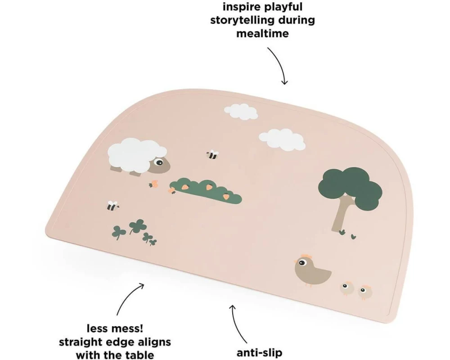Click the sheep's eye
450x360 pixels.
158,163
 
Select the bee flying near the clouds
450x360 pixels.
213,155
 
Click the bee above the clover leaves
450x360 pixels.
112,206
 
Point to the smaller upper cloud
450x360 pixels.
241,112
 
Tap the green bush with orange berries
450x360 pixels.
206,191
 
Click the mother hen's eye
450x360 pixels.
301,262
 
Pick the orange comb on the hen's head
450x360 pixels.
306,256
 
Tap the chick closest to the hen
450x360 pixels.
347,288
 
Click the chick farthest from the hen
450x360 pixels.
365,292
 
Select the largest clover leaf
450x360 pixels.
136,225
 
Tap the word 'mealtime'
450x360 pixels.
263,33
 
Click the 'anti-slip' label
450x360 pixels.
260,352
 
